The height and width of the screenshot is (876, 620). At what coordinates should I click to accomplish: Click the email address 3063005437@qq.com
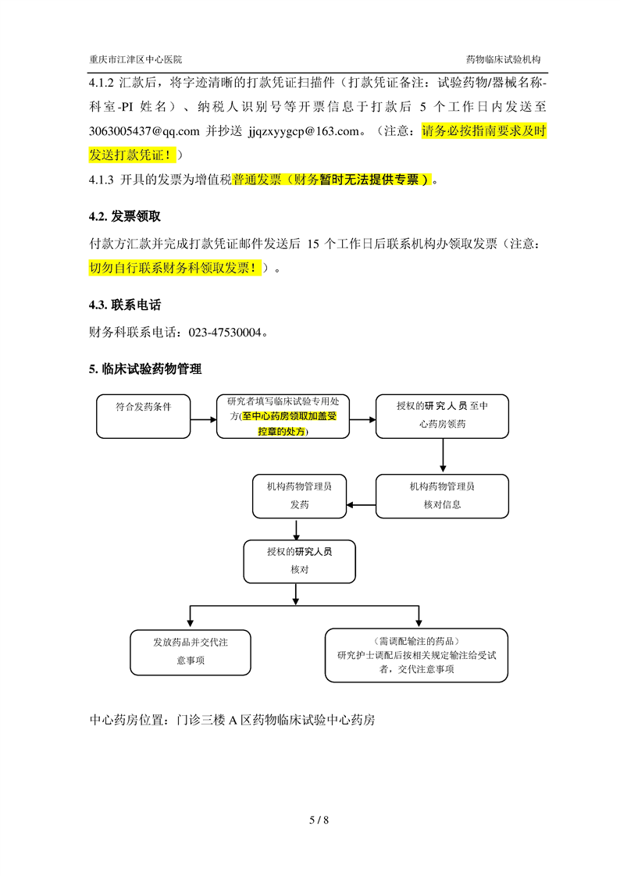pyautogui.click(x=144, y=131)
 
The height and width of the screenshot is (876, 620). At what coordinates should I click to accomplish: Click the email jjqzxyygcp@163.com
pyautogui.click(x=304, y=131)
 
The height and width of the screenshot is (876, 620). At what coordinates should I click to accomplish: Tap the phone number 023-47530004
pyautogui.click(x=225, y=333)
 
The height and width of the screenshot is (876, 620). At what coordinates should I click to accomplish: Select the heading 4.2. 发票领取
pyautogui.click(x=125, y=216)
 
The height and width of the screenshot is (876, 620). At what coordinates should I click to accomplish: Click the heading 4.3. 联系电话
pyautogui.click(x=125, y=304)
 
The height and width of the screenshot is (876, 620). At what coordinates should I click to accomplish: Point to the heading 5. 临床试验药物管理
pyautogui.click(x=145, y=369)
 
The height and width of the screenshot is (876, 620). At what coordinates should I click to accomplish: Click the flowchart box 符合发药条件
pyautogui.click(x=144, y=416)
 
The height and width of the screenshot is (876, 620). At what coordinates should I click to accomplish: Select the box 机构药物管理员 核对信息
pyautogui.click(x=442, y=496)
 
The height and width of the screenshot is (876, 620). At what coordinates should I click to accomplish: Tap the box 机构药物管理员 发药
pyautogui.click(x=299, y=496)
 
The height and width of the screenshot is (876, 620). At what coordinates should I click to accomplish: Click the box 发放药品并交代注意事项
pyautogui.click(x=191, y=653)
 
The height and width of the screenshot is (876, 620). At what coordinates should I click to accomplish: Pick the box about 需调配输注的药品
pyautogui.click(x=416, y=655)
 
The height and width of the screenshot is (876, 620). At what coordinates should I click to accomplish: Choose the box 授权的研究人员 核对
pyautogui.click(x=299, y=561)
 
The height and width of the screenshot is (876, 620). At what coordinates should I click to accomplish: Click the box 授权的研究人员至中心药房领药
pyautogui.click(x=442, y=416)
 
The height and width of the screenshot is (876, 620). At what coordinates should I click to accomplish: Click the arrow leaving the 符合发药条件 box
pyautogui.click(x=203, y=419)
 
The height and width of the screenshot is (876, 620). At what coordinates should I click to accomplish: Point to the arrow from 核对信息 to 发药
pyautogui.click(x=362, y=505)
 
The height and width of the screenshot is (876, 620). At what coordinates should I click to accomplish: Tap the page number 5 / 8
pyautogui.click(x=319, y=820)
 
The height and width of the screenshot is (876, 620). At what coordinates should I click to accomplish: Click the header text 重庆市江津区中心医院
pyautogui.click(x=136, y=59)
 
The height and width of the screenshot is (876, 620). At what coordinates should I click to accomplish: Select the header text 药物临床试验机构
pyautogui.click(x=503, y=59)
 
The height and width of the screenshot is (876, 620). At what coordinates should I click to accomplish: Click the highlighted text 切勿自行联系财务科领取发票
pyautogui.click(x=170, y=268)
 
